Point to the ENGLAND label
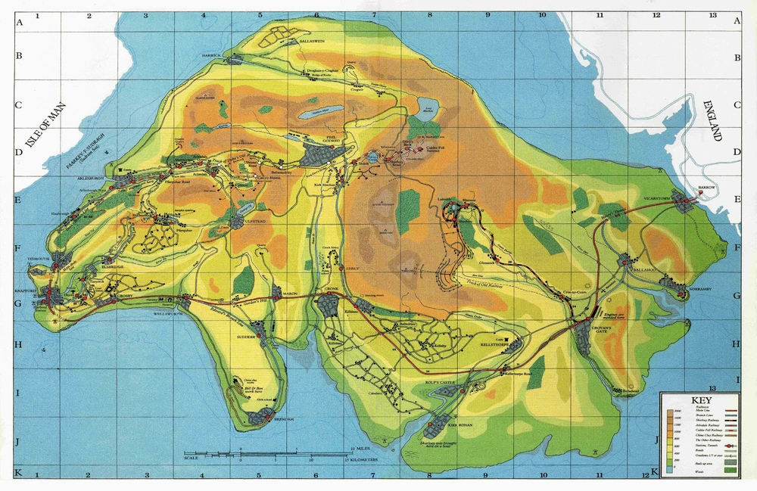[712, 121]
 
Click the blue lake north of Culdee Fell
[426, 104]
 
